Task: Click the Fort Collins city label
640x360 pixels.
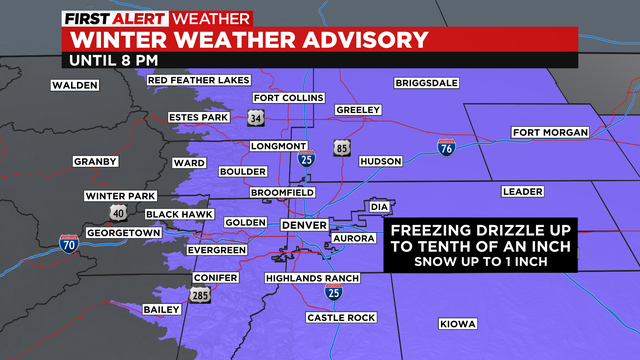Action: (288, 98)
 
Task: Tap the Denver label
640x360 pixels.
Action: (304, 226)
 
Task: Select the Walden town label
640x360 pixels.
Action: (76, 86)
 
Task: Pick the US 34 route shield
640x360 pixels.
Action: (257, 119)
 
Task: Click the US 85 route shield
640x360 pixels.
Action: (343, 147)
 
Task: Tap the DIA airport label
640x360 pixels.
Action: (378, 207)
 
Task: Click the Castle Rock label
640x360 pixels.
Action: (337, 318)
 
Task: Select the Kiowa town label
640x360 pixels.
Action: (458, 324)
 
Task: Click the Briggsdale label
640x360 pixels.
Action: (426, 83)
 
